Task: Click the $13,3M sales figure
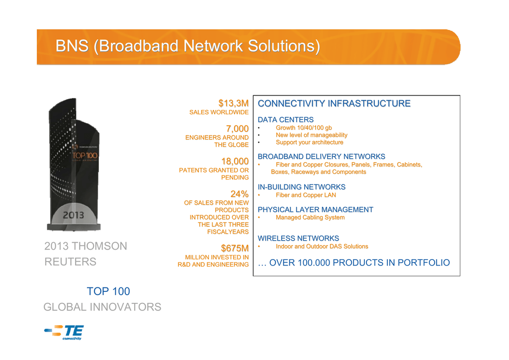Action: point(234,103)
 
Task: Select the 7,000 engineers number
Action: point(237,129)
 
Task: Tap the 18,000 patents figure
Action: point(235,161)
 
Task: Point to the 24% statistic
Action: point(240,194)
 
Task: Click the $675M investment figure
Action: point(235,248)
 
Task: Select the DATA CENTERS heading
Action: point(286,120)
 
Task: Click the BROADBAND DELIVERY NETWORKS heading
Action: point(322,157)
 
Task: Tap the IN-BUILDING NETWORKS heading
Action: point(302,187)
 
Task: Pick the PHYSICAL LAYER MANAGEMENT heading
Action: point(316,210)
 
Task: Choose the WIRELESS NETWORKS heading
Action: point(298,238)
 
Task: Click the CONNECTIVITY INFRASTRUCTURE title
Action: point(334,103)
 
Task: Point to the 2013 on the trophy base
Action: point(74,215)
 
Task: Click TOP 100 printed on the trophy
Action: point(85,156)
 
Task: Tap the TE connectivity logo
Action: point(64,332)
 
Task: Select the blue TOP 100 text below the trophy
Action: point(108,291)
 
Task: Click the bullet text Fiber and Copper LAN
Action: point(306,195)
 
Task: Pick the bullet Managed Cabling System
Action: point(310,217)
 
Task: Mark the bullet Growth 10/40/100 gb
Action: point(304,128)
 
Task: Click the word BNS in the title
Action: point(72,46)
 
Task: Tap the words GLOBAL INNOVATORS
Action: point(102,307)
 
